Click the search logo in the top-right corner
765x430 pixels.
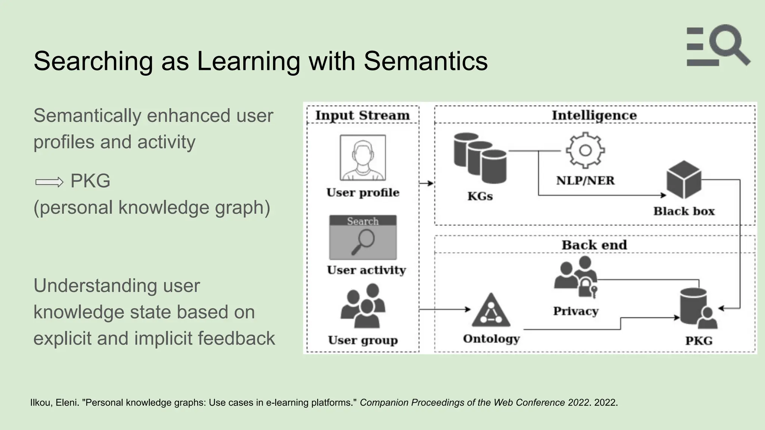tap(718, 46)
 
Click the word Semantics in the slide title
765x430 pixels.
tap(425, 61)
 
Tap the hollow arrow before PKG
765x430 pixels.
tap(49, 182)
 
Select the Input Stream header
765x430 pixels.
tap(362, 115)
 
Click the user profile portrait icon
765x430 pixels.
tap(363, 158)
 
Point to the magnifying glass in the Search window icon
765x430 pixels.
tap(363, 241)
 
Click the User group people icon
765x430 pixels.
tap(363, 305)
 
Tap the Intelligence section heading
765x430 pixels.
tap(594, 115)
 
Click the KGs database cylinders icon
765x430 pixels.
tap(480, 158)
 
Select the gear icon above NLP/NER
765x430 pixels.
tap(585, 150)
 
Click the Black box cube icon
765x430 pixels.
tap(684, 180)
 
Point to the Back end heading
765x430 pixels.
tap(594, 245)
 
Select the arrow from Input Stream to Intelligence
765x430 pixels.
tap(426, 183)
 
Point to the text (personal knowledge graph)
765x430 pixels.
tap(152, 208)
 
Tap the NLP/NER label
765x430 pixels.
tap(585, 181)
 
